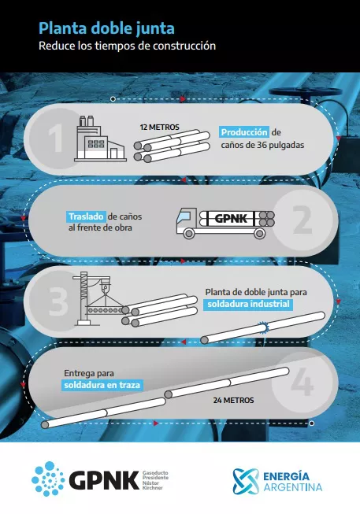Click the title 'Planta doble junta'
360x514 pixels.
pyautogui.click(x=106, y=28)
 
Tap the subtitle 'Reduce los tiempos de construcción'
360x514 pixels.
pyautogui.click(x=128, y=46)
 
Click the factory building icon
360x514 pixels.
pyautogui.click(x=100, y=139)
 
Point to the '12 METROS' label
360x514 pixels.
pyautogui.click(x=159, y=128)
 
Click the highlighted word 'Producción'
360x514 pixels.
pyautogui.click(x=244, y=132)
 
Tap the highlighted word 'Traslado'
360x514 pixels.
pyautogui.click(x=87, y=216)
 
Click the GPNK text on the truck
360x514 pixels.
pyautogui.click(x=231, y=218)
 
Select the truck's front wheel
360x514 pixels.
pyautogui.click(x=189, y=234)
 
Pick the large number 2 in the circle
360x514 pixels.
pyautogui.click(x=302, y=220)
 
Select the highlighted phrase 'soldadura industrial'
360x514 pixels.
pyautogui.click(x=248, y=304)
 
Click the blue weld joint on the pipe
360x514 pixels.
pyautogui.click(x=263, y=327)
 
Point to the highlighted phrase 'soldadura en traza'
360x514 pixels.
pyautogui.click(x=102, y=385)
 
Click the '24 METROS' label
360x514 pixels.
pyautogui.click(x=233, y=400)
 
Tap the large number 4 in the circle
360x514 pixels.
pyautogui.click(x=302, y=382)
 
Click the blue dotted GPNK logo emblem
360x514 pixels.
pyautogui.click(x=48, y=479)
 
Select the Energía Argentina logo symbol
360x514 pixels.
pyautogui.click(x=246, y=481)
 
